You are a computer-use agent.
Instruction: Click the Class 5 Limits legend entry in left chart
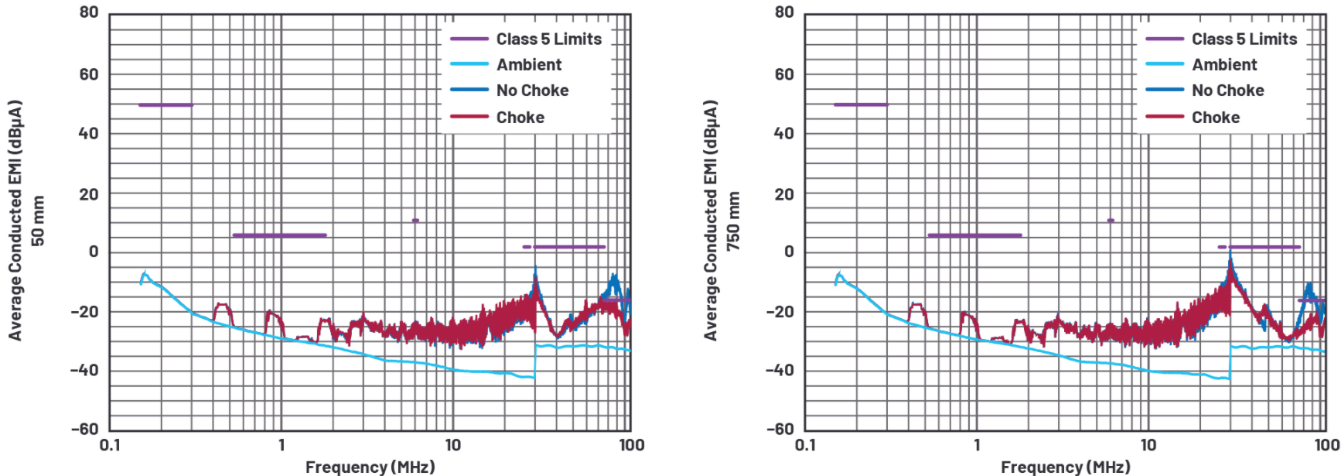tap(548, 39)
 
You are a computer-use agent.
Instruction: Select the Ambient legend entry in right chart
tap(1224, 65)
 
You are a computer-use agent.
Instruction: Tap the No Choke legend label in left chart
tap(532, 91)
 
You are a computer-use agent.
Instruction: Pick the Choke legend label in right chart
tap(1215, 118)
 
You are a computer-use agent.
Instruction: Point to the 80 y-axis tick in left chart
tap(89, 12)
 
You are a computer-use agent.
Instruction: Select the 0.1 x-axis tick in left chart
tap(110, 445)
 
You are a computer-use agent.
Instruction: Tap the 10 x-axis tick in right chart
tap(1148, 445)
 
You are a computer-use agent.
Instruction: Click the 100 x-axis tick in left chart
tap(631, 445)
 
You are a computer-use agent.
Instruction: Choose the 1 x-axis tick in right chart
tap(977, 445)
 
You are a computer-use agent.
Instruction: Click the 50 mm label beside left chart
tap(38, 221)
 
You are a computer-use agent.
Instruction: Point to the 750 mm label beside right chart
tap(733, 221)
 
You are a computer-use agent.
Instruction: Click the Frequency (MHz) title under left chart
tap(370, 467)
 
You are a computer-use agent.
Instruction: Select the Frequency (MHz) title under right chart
tap(1065, 467)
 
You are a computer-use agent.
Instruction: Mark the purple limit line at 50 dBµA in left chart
tap(165, 104)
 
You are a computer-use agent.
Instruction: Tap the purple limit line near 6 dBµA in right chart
tap(974, 235)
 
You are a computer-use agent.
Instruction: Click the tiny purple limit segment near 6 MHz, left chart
tap(415, 221)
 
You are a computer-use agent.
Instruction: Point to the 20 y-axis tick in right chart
tap(784, 193)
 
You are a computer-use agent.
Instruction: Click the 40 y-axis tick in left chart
tap(89, 133)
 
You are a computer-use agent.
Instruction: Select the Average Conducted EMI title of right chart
tap(711, 221)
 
